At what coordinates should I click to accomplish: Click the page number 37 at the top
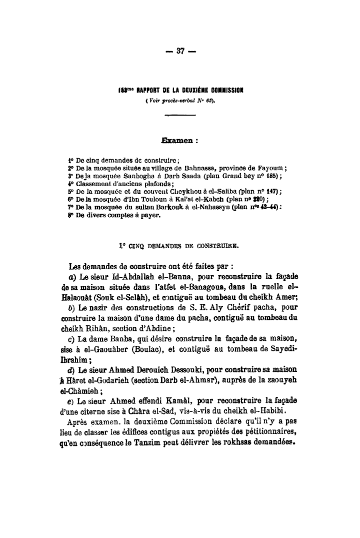click(180, 51)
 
